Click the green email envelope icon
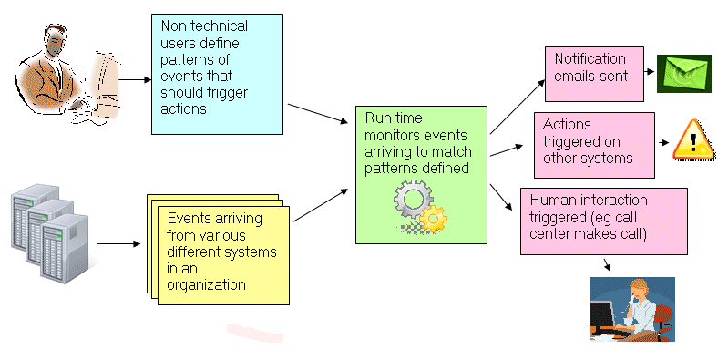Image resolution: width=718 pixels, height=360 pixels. click(683, 74)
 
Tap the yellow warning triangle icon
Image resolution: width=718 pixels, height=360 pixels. click(694, 139)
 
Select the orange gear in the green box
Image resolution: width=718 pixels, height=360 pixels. click(433, 220)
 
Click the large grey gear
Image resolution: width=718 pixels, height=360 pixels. click(413, 199)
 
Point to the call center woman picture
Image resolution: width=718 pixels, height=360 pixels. click(632, 309)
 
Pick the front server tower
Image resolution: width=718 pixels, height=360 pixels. click(64, 248)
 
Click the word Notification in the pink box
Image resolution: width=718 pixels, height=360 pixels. click(590, 58)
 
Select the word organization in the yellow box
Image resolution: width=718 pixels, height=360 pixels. click(206, 285)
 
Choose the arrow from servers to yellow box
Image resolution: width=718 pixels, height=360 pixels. click(118, 243)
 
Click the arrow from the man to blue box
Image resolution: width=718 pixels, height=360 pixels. click(135, 79)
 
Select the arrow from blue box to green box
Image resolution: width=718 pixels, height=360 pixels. click(318, 114)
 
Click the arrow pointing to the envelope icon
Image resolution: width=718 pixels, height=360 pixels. click(649, 71)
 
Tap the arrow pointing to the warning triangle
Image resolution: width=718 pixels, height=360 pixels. click(664, 142)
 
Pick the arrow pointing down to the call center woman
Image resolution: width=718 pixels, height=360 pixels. click(607, 265)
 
